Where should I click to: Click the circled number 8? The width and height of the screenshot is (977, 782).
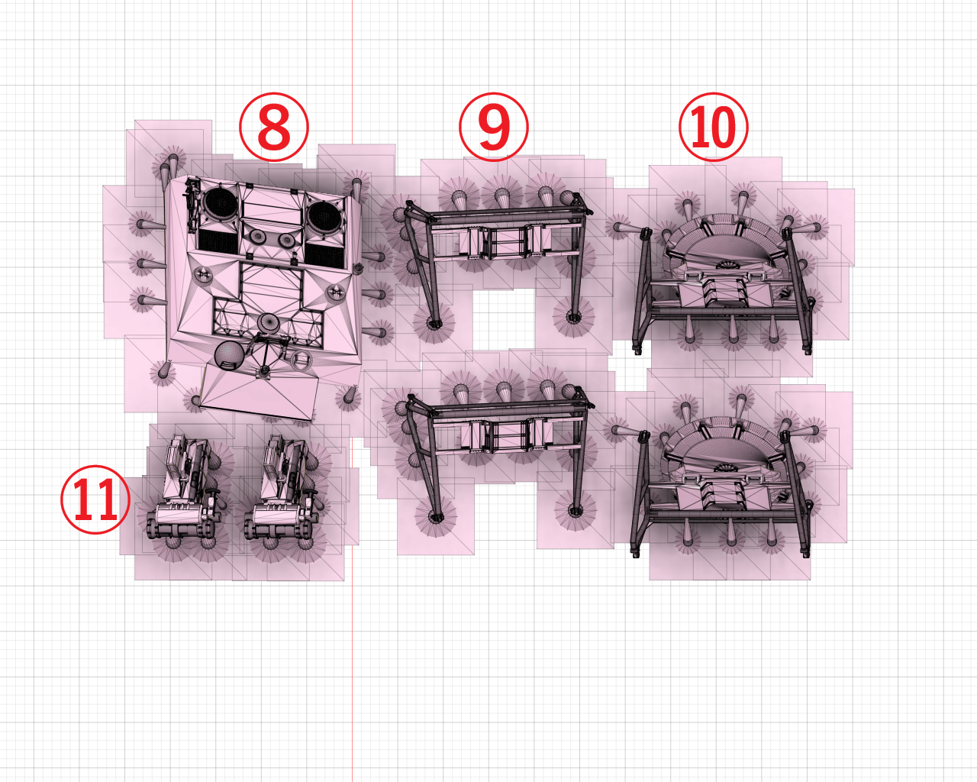pos(274,127)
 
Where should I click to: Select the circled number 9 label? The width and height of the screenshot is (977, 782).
pos(494,127)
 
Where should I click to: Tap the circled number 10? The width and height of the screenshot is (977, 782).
pos(713,127)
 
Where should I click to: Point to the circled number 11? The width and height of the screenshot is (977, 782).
pos(95,499)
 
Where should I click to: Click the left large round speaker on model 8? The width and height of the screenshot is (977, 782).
pos(221,203)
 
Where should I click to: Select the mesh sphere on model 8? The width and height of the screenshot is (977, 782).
pos(229,355)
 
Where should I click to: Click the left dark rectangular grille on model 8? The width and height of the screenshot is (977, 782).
pos(218,242)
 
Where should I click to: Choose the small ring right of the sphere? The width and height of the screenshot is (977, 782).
pos(300,360)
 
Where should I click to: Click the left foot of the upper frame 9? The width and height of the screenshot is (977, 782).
pos(434,323)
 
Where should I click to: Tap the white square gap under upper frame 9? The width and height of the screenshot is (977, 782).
pos(505,320)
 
